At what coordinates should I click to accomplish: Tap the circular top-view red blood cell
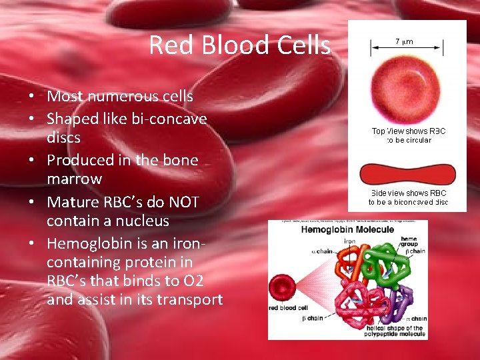tap(407, 87)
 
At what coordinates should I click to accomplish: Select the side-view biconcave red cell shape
tap(407, 175)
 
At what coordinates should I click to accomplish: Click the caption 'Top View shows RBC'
tap(409, 131)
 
